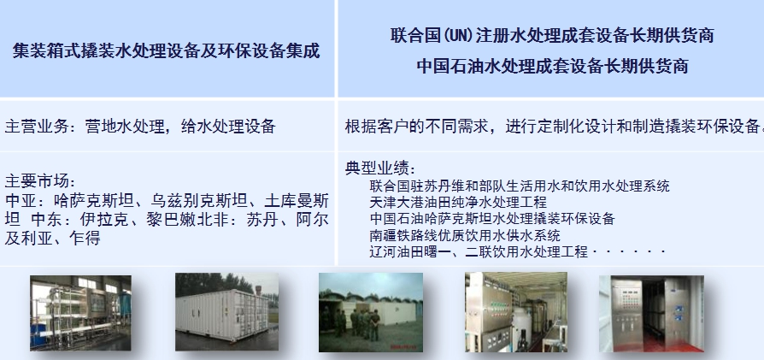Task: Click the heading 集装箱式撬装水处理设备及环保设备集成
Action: pyautogui.click(x=166, y=50)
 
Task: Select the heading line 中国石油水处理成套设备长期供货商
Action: pyautogui.click(x=552, y=66)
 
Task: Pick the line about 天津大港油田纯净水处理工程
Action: pyautogui.click(x=458, y=202)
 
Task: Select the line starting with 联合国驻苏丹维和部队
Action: pyautogui.click(x=520, y=186)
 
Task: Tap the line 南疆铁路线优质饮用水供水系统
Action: pyautogui.click(x=465, y=235)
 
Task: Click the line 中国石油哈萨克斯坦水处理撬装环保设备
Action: pyautogui.click(x=492, y=219)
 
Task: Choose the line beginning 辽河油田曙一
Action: pyautogui.click(x=518, y=251)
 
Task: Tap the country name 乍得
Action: pyautogui.click(x=85, y=238)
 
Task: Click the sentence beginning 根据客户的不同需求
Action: pyautogui.click(x=554, y=127)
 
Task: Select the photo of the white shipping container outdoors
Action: pyautogui.click(x=227, y=312)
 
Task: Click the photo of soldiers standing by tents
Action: pyautogui.click(x=371, y=312)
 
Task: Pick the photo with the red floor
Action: pyautogui.click(x=651, y=314)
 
